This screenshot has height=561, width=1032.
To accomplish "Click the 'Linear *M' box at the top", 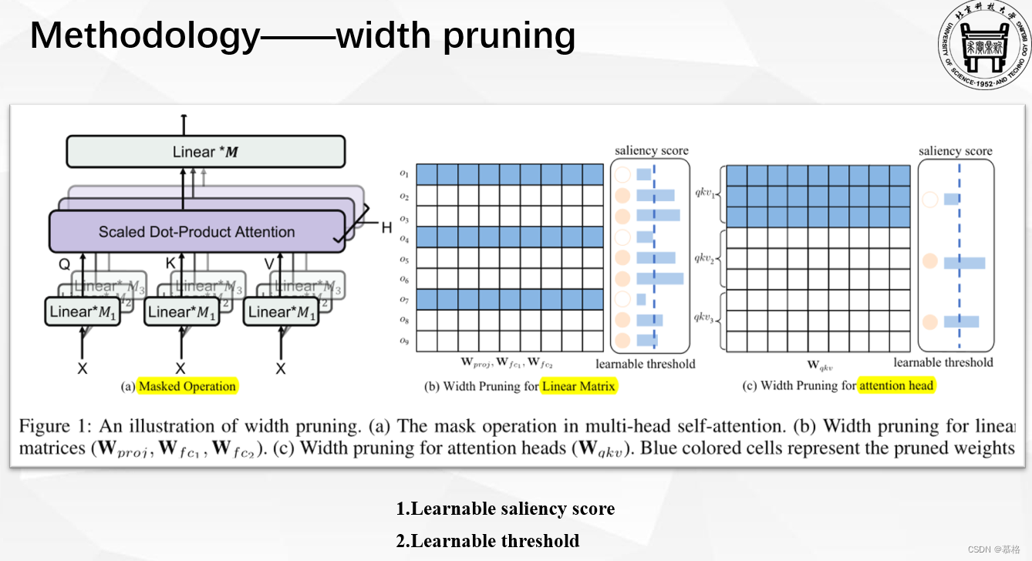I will coord(205,152).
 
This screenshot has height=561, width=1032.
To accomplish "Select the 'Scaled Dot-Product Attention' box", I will coord(196,232).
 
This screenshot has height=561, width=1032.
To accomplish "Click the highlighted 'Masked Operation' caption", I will coord(187,386).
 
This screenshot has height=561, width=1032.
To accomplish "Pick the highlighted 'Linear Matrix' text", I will coord(578,386).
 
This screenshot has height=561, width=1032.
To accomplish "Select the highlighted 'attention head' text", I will coord(896,385).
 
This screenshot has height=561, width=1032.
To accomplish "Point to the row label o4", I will coord(404,238).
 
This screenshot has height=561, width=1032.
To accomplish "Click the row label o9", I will coord(404,341).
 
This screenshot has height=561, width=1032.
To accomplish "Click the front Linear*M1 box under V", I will coord(280,312).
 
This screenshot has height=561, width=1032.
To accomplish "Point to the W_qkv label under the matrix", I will coord(818,364).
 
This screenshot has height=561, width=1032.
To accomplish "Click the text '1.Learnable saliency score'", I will coord(505,509).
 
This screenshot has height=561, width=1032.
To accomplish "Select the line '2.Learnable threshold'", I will coord(487,541).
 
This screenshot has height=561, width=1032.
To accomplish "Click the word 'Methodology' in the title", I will coord(144,35).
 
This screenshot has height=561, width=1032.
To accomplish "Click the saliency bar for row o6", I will coord(659,278).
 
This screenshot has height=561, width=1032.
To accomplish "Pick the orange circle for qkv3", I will coord(931,321).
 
